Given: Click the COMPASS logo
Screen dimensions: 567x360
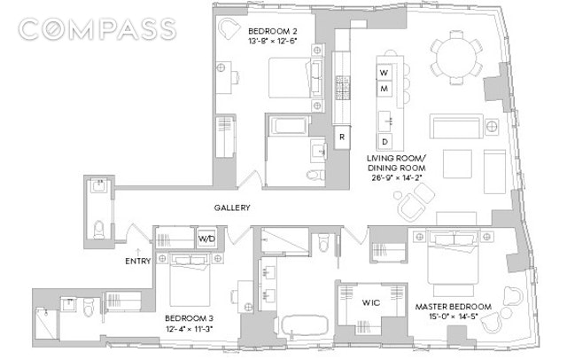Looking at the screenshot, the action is pyautogui.click(x=97, y=29).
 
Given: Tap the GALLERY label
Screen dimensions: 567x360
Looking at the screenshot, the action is pyautogui.click(x=232, y=207).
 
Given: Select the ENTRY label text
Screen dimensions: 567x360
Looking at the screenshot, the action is pyautogui.click(x=138, y=261).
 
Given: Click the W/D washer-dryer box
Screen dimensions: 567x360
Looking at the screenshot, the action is pyautogui.click(x=206, y=239).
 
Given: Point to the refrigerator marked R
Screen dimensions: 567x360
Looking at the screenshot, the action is pyautogui.click(x=342, y=137).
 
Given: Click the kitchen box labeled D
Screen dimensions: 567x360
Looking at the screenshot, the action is pyautogui.click(x=384, y=142).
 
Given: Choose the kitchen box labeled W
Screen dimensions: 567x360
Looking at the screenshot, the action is pyautogui.click(x=384, y=73).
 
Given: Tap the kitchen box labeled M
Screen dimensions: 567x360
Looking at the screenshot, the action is pyautogui.click(x=384, y=89).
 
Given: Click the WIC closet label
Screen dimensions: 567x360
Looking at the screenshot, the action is pyautogui.click(x=371, y=302).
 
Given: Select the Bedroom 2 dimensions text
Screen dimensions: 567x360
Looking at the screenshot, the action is pyautogui.click(x=272, y=41).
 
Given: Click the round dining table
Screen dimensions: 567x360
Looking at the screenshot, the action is pyautogui.click(x=456, y=58).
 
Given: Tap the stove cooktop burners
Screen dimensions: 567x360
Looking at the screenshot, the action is pyautogui.click(x=342, y=88).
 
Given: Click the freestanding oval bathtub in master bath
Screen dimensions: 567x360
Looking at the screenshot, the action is pyautogui.click(x=305, y=327).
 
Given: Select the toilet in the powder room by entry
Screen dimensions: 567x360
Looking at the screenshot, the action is pyautogui.click(x=98, y=230).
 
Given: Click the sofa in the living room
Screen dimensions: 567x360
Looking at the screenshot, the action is pyautogui.click(x=456, y=126).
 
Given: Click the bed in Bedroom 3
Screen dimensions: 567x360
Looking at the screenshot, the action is pyautogui.click(x=190, y=280).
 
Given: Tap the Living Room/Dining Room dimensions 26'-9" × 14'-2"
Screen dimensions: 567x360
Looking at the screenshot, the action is pyautogui.click(x=397, y=177).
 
